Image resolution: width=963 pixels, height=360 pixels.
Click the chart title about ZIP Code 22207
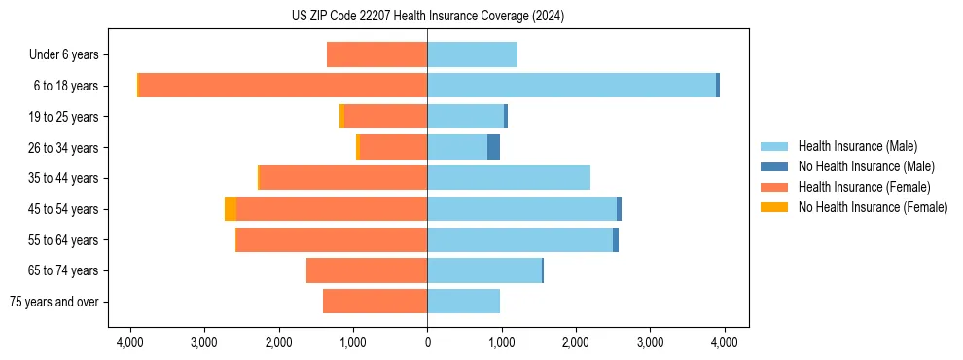[x=427, y=17]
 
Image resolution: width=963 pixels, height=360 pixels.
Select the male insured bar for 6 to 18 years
[x=571, y=86]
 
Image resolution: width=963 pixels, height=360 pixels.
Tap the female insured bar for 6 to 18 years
[x=283, y=86]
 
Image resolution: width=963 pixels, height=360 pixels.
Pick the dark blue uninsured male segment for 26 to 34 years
[x=493, y=147]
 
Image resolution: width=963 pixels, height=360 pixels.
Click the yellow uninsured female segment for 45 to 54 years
[x=231, y=209]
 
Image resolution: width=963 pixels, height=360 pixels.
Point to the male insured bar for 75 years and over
[x=463, y=302]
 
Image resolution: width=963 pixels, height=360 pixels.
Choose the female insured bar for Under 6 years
[x=376, y=54]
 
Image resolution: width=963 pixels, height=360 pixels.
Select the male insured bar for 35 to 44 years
[x=509, y=178]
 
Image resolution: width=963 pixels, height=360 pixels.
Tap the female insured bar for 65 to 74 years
[x=367, y=270]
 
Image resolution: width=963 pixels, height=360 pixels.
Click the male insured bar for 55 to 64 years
[x=520, y=239]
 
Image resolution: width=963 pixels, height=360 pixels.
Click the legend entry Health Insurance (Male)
[x=857, y=146]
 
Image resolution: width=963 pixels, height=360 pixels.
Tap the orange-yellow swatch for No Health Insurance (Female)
[x=774, y=207]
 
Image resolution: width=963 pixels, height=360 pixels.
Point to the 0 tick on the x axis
[x=427, y=342]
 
